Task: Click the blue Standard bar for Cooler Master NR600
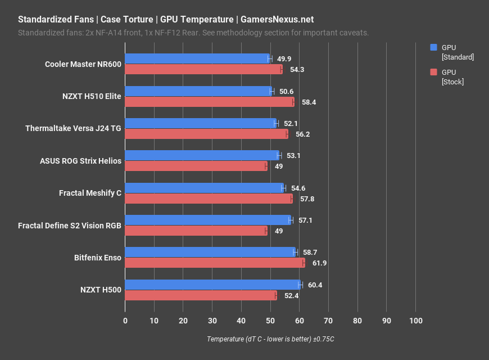197,58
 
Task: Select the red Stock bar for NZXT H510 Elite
209,102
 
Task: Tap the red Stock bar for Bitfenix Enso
214,263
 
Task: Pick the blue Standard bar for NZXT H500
212,285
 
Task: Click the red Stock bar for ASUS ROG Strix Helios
196,166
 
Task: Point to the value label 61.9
320,263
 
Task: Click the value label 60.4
315,285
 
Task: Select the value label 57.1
305,220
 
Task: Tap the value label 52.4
291,295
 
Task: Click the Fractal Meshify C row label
90,193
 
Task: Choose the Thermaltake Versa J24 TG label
73,128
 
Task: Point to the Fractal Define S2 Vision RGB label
70,226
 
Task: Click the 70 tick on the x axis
328,321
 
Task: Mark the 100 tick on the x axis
415,321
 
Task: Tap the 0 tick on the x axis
125,321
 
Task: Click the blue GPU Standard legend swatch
433,47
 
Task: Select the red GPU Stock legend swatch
433,72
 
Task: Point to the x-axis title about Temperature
270,339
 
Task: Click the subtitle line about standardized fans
193,33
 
